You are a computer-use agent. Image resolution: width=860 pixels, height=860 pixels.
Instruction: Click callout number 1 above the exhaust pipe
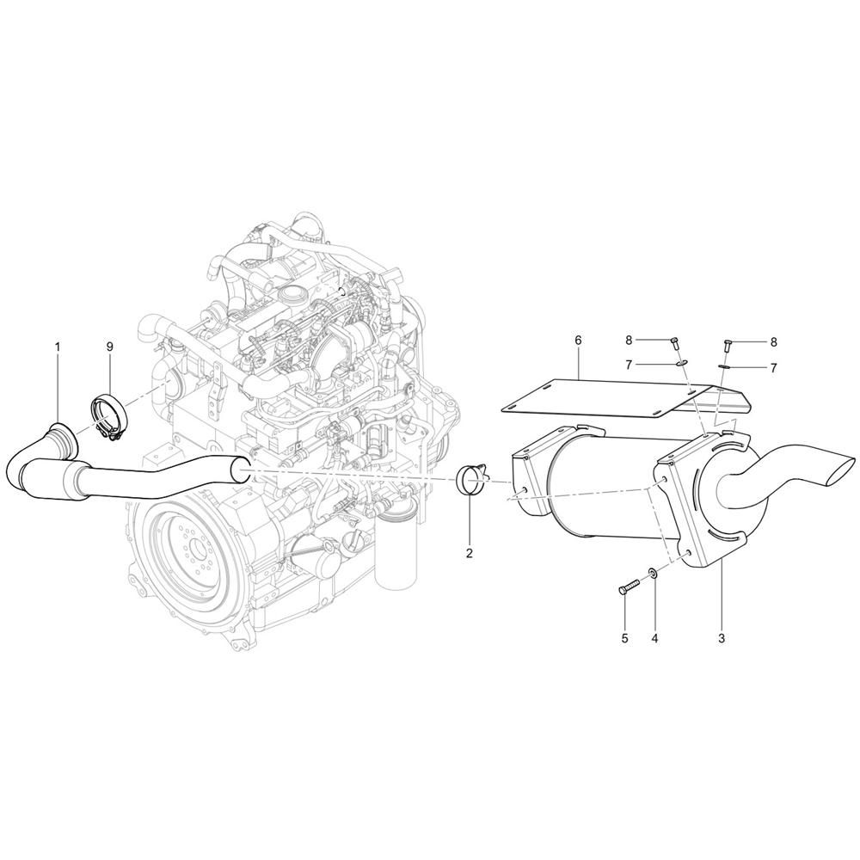57,347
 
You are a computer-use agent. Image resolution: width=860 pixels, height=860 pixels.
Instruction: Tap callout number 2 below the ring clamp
469,553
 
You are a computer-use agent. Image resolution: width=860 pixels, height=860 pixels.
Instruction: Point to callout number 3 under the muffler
722,638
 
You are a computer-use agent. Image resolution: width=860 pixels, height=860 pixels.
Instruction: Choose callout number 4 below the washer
654,638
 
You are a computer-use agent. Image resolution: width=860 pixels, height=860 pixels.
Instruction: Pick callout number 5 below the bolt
624,638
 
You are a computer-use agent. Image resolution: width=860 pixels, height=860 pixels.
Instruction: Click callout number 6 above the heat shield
578,341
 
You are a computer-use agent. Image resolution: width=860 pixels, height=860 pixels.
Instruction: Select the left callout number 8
630,341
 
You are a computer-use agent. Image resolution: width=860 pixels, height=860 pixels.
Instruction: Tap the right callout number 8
773,342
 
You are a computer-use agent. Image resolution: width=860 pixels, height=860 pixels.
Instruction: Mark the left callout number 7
630,364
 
